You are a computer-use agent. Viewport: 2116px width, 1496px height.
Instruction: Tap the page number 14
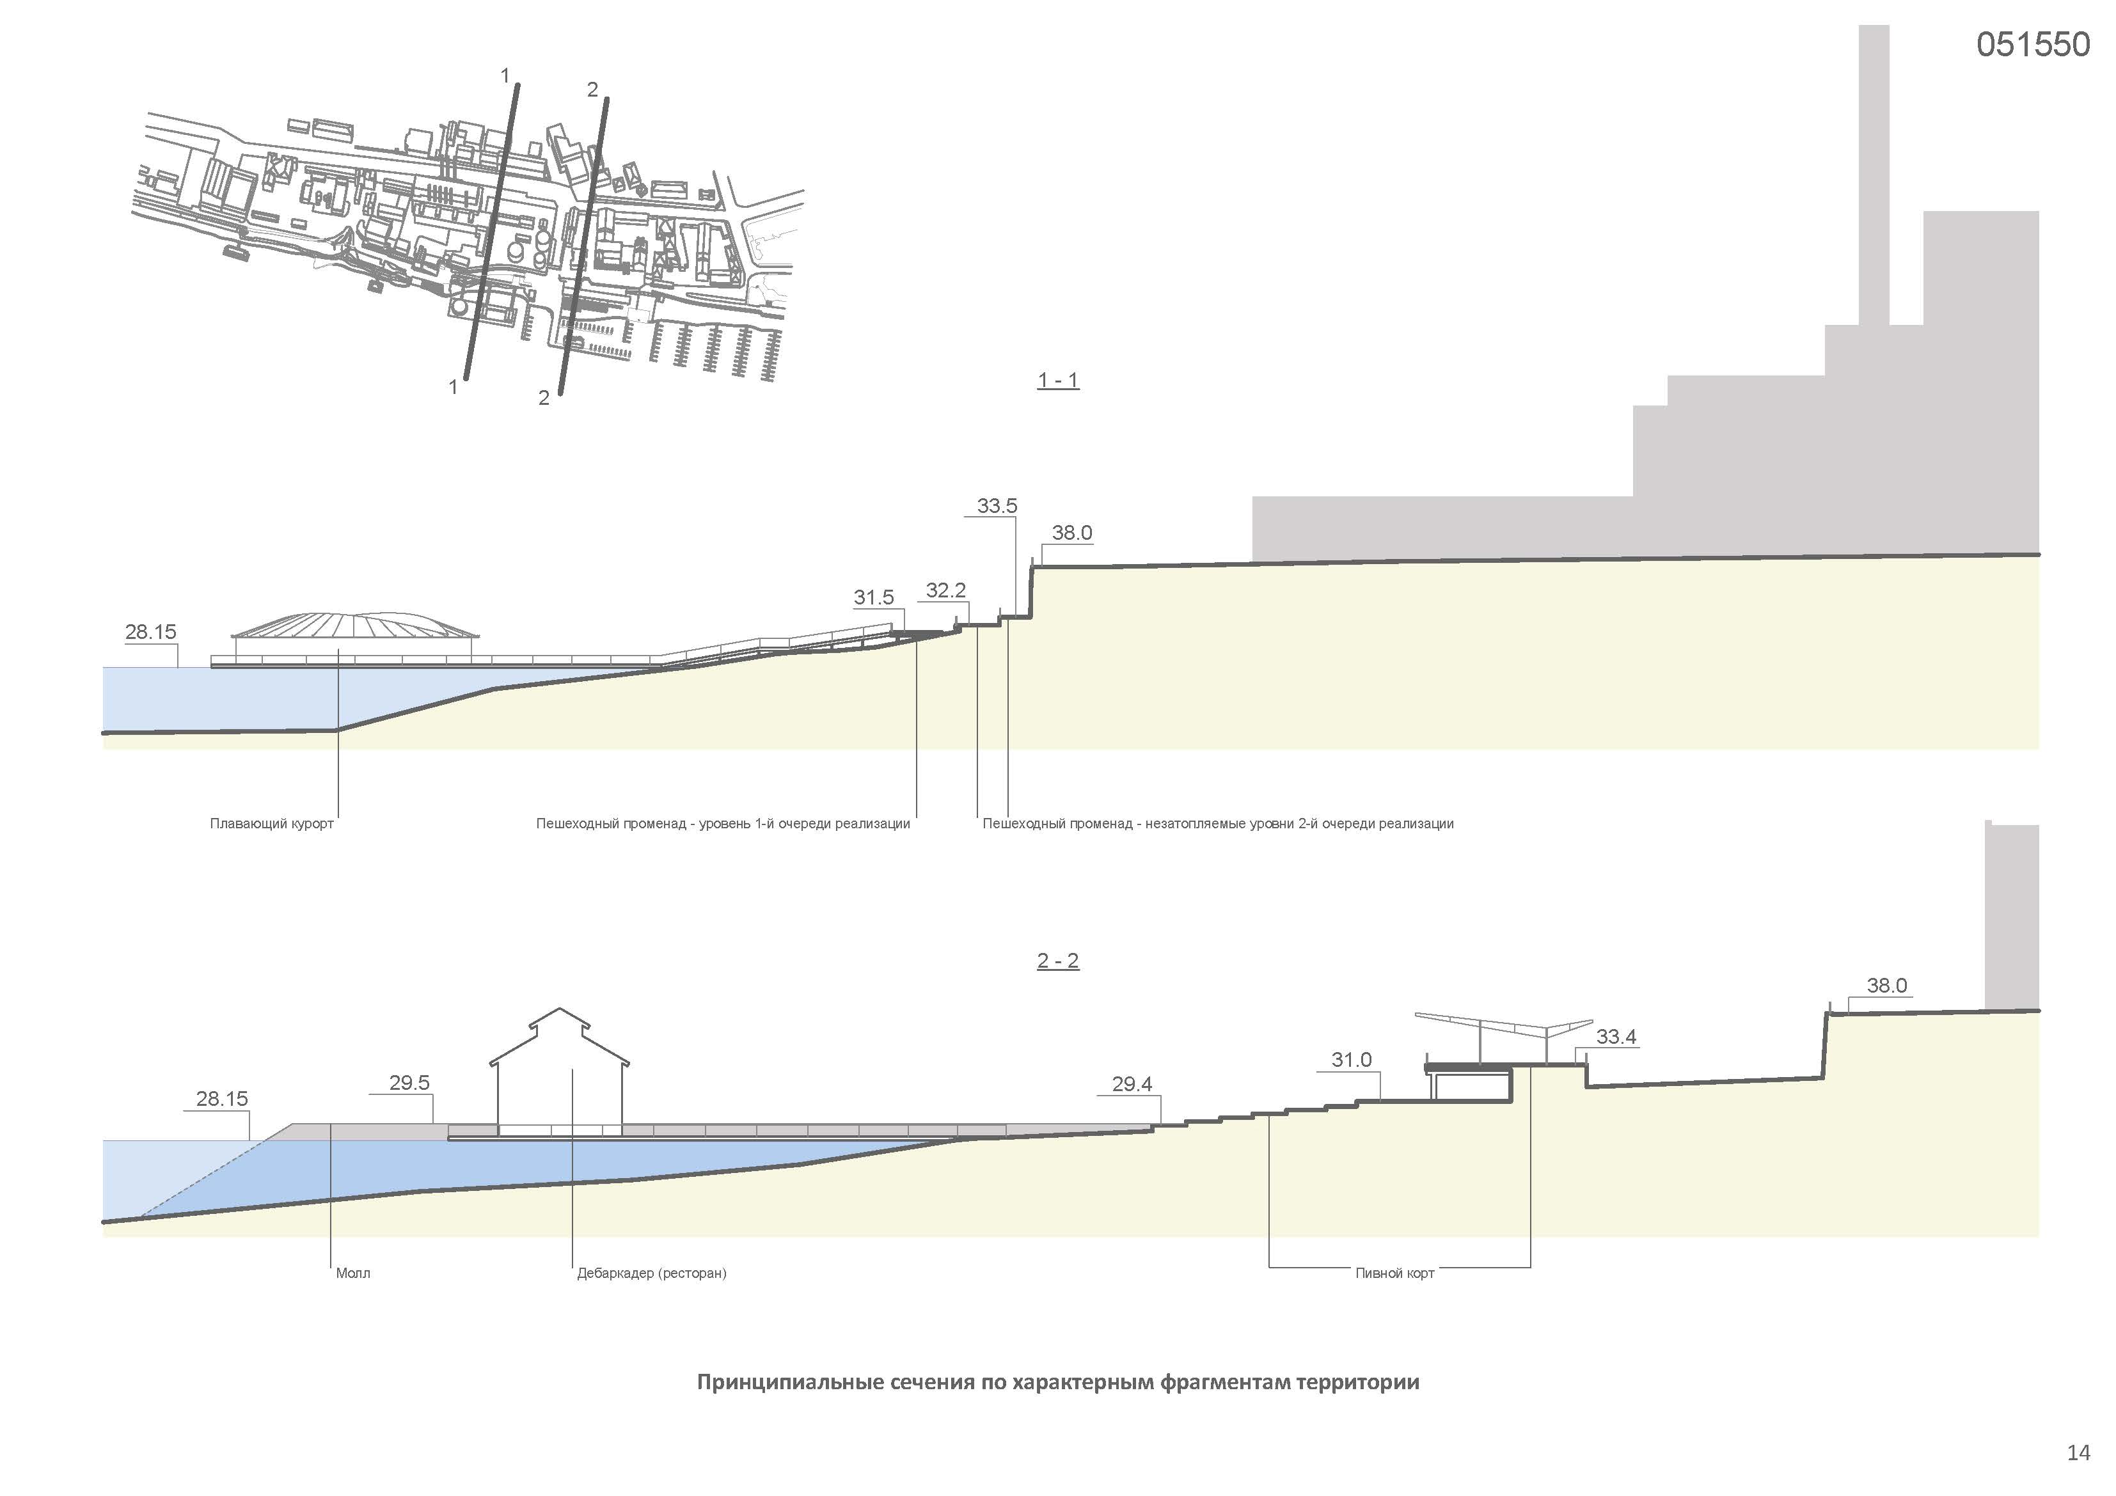[2078, 1453]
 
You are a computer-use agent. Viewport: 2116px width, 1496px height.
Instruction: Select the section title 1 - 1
[1058, 381]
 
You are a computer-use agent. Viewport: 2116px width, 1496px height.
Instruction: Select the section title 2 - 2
[1058, 961]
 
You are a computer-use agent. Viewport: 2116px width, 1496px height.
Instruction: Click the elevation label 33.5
[997, 506]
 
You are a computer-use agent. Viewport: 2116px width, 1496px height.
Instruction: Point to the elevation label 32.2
[945, 590]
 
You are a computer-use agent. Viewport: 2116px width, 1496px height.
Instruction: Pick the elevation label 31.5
[874, 597]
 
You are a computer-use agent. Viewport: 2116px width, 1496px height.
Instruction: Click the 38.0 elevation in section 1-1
[1072, 533]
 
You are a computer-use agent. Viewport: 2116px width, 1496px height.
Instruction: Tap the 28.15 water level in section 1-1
[150, 633]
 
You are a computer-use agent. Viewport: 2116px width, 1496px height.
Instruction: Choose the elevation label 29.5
[409, 1083]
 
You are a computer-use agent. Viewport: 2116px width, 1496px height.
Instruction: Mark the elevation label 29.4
[1132, 1085]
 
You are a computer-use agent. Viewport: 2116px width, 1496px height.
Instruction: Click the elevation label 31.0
[1351, 1060]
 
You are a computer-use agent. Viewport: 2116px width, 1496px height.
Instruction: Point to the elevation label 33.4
[1616, 1037]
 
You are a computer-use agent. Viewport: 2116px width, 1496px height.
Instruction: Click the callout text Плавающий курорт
[272, 824]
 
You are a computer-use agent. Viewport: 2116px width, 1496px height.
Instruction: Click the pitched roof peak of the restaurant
[560, 1012]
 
